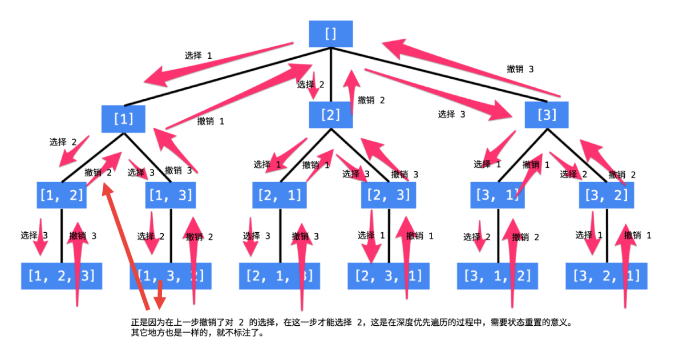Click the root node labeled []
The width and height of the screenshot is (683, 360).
coord(331,34)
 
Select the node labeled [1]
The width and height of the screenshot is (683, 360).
coord(124,119)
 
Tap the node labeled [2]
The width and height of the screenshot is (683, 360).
coord(330,115)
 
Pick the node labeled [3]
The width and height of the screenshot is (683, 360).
coord(547,115)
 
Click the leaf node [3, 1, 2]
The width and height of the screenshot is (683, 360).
coord(497,277)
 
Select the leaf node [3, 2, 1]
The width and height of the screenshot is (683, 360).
coord(607,277)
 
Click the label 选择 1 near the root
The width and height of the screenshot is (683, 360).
coord(199,56)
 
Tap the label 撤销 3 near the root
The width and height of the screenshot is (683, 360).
coord(520,69)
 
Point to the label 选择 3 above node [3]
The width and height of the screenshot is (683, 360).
coord(452,114)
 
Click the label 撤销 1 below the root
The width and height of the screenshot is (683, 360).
coord(211,122)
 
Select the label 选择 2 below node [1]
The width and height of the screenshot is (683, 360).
coord(63,142)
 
